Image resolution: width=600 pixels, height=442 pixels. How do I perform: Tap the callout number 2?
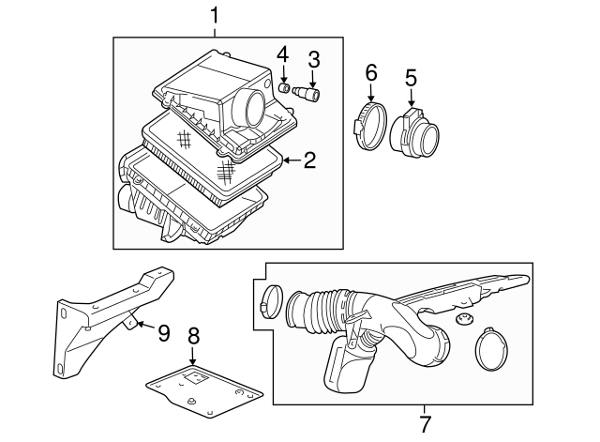[x=308, y=160]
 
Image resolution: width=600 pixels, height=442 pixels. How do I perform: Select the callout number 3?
[x=314, y=60]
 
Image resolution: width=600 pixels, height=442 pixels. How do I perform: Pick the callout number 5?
[x=410, y=77]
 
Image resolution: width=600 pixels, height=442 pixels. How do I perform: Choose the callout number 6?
[x=369, y=72]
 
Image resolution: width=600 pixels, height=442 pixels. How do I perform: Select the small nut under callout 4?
[x=280, y=89]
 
